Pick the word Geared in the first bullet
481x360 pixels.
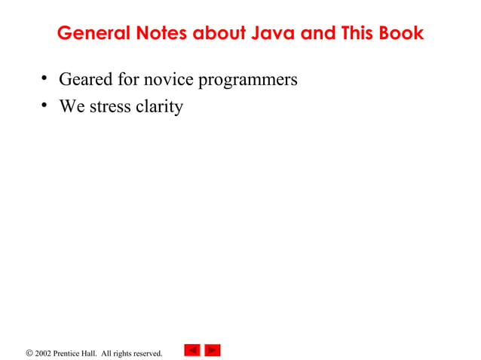click(x=84, y=79)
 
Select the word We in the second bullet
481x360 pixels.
click(x=72, y=106)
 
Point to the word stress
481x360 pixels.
click(x=110, y=106)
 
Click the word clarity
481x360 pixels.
click(x=159, y=107)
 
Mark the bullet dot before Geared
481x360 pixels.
click(x=45, y=78)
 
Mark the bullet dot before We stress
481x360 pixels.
click(x=45, y=105)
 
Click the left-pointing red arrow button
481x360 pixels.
click(x=192, y=350)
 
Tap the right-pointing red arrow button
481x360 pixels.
click(x=213, y=350)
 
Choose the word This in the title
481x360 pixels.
click(x=353, y=34)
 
